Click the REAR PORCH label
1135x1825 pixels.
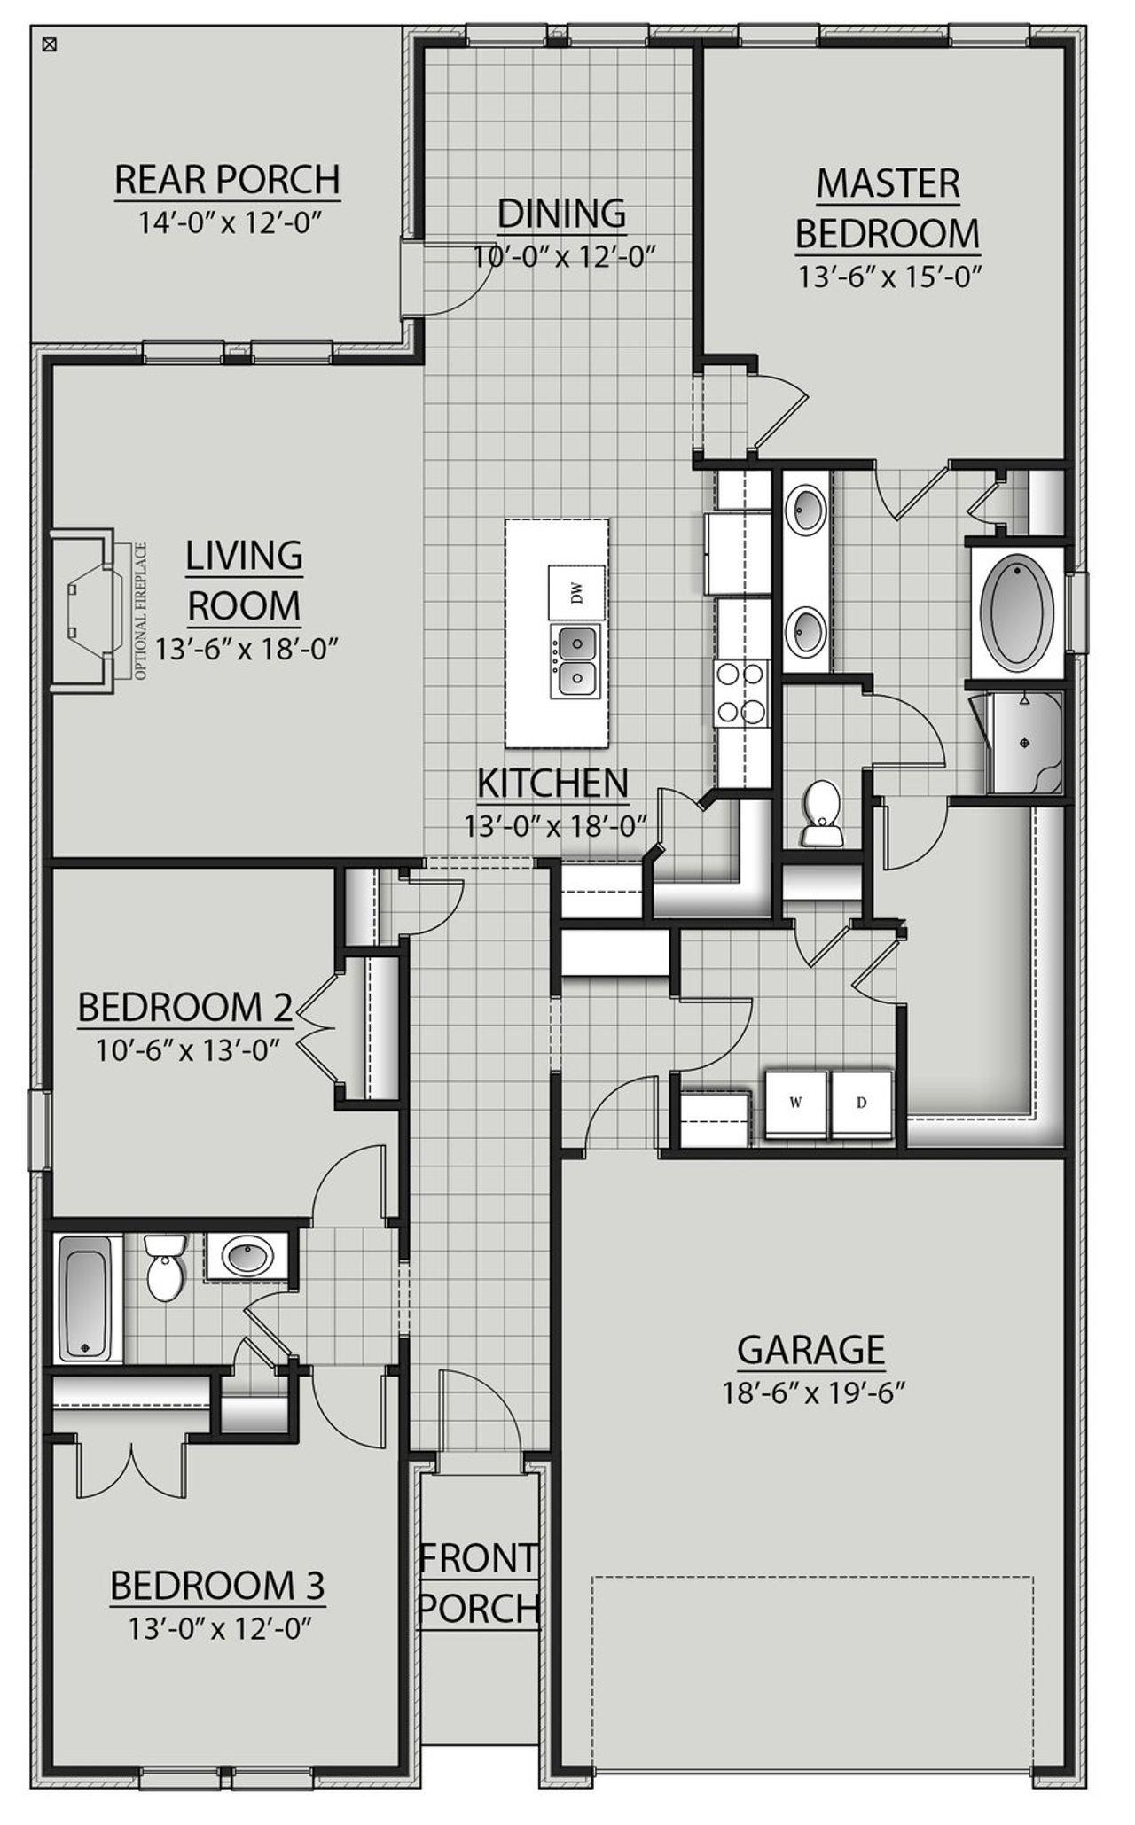[x=227, y=179]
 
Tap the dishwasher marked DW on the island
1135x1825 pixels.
[x=577, y=593]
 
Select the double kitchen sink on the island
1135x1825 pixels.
[x=577, y=659]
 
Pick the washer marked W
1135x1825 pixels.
[x=796, y=1104]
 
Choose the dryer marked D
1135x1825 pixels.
[x=861, y=1104]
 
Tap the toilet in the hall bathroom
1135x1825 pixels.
[x=164, y=1267]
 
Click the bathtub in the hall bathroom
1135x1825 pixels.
[x=86, y=1299]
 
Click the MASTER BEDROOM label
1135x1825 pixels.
[x=888, y=208]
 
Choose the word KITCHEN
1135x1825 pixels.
[x=552, y=784]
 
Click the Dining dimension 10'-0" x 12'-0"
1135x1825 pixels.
[x=564, y=257]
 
